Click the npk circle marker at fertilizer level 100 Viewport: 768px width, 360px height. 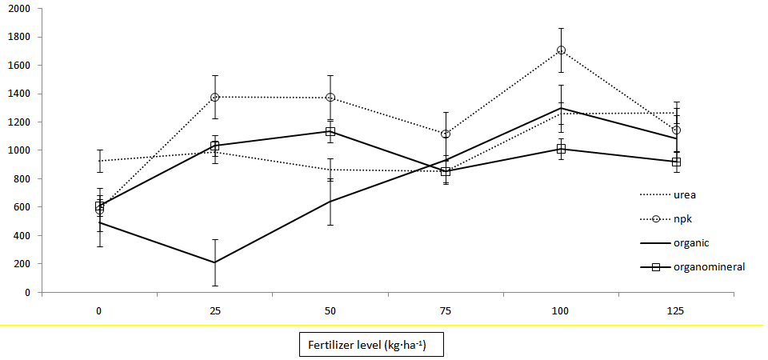click(561, 50)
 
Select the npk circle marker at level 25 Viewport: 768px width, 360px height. click(215, 98)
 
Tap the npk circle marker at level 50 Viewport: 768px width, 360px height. click(330, 98)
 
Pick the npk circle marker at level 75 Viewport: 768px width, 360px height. click(446, 134)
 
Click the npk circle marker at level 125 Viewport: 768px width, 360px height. click(676, 130)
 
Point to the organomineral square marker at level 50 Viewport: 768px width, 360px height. click(330, 131)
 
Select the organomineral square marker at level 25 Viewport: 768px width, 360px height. click(215, 146)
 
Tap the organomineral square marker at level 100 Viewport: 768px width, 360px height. click(561, 149)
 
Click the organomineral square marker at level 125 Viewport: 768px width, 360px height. click(676, 162)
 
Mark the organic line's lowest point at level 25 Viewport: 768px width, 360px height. click(215, 262)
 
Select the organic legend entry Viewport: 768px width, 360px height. click(690, 242)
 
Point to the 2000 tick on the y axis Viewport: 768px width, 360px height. click(19, 8)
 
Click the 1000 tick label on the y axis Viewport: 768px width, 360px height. click(19, 150)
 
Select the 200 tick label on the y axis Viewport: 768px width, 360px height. click(22, 264)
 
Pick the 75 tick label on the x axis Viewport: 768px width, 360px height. click(446, 310)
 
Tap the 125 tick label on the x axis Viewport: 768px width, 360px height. click(676, 310)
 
